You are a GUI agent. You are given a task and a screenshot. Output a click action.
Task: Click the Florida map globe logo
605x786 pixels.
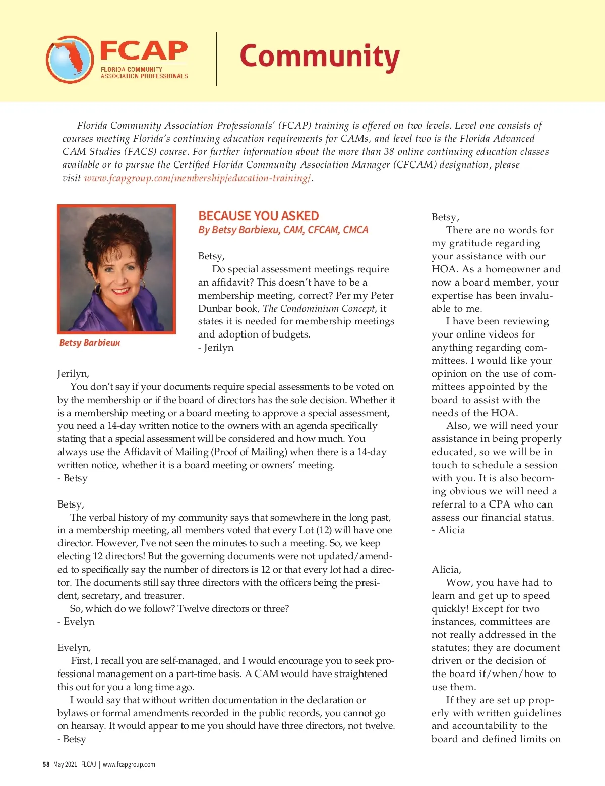[x=70, y=60]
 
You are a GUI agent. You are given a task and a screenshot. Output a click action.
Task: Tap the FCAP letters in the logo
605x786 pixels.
[x=144, y=51]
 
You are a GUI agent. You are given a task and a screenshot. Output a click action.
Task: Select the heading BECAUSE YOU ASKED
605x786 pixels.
[x=258, y=216]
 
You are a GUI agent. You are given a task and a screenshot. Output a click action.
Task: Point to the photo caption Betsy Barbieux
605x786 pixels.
[x=90, y=343]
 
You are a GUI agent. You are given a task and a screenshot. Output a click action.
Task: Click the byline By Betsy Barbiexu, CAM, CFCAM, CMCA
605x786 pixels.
[x=283, y=230]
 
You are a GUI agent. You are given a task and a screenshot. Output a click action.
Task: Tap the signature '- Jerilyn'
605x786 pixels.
[x=216, y=348]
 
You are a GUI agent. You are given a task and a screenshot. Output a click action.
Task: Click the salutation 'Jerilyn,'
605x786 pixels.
[x=73, y=374]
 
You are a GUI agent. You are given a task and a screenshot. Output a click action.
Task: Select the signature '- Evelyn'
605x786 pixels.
[x=76, y=622]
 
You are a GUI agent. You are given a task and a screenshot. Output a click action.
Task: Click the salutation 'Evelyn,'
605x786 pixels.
[x=74, y=648]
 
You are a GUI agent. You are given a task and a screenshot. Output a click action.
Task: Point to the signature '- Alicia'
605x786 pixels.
[x=448, y=530]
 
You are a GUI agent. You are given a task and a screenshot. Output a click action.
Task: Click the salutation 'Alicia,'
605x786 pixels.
[x=446, y=570]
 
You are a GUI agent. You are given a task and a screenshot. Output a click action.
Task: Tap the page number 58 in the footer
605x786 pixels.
[x=46, y=764]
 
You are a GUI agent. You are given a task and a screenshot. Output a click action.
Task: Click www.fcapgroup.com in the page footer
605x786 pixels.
[x=129, y=764]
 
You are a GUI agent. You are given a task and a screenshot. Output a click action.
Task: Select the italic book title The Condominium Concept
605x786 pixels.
[x=319, y=309]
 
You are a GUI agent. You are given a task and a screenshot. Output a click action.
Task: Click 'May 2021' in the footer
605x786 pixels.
[x=65, y=764]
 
